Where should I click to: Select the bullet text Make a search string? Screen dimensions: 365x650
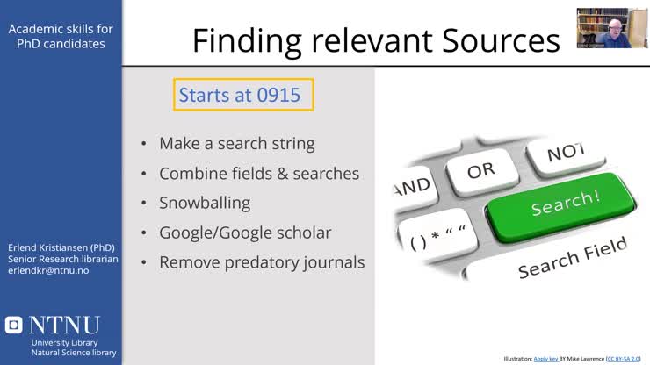(x=236, y=143)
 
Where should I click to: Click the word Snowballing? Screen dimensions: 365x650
(x=205, y=203)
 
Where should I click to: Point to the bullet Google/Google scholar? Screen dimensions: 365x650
(x=245, y=233)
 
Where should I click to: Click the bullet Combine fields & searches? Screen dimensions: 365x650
(x=259, y=173)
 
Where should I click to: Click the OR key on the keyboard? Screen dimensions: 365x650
(x=480, y=170)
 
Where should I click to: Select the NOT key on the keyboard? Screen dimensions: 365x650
(x=565, y=154)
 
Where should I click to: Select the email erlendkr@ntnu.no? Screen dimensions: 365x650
(x=49, y=270)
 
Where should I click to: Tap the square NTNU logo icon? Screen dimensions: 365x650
(x=13, y=325)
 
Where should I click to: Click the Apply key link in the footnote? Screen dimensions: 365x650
(x=548, y=359)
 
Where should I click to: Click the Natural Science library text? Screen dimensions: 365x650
(x=74, y=353)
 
